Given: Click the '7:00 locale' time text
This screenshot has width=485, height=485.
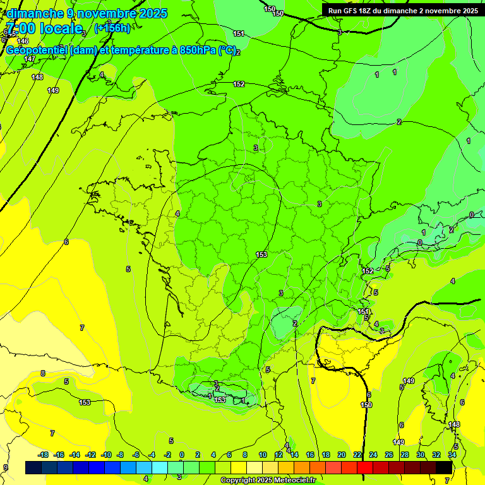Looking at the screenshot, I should (x=44, y=28).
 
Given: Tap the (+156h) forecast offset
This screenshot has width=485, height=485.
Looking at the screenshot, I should (x=112, y=28).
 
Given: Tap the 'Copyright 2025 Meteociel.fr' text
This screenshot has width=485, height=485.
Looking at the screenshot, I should (x=267, y=481).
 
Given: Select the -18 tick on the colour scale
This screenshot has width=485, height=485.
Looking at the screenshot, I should (x=43, y=455).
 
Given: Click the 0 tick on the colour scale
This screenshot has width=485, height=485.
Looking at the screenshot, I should (x=181, y=455).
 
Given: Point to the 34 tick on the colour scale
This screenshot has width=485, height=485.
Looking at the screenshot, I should (x=452, y=455).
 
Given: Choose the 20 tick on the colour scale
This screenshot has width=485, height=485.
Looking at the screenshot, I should (x=341, y=455).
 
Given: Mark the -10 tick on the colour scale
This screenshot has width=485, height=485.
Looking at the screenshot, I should (x=105, y=455).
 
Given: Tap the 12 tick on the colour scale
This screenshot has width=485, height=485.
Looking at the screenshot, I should (x=278, y=455).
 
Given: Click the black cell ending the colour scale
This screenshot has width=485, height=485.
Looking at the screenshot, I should (x=444, y=467).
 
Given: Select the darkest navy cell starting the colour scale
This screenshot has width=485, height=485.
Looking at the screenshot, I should (x=33, y=467).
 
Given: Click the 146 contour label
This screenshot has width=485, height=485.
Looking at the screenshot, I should (x=23, y=41).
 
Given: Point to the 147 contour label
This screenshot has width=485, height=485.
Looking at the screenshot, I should (x=30, y=59).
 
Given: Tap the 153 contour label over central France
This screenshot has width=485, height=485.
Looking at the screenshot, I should (x=261, y=254).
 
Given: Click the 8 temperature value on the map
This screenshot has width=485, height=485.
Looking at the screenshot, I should (x=43, y=373).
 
